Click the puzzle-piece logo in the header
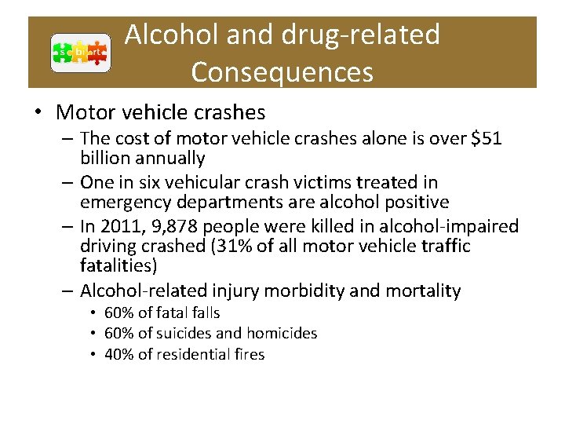[80, 53]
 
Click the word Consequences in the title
[282, 71]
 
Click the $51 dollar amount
[486, 139]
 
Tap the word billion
[105, 159]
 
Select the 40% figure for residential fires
[118, 354]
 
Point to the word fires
[249, 354]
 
